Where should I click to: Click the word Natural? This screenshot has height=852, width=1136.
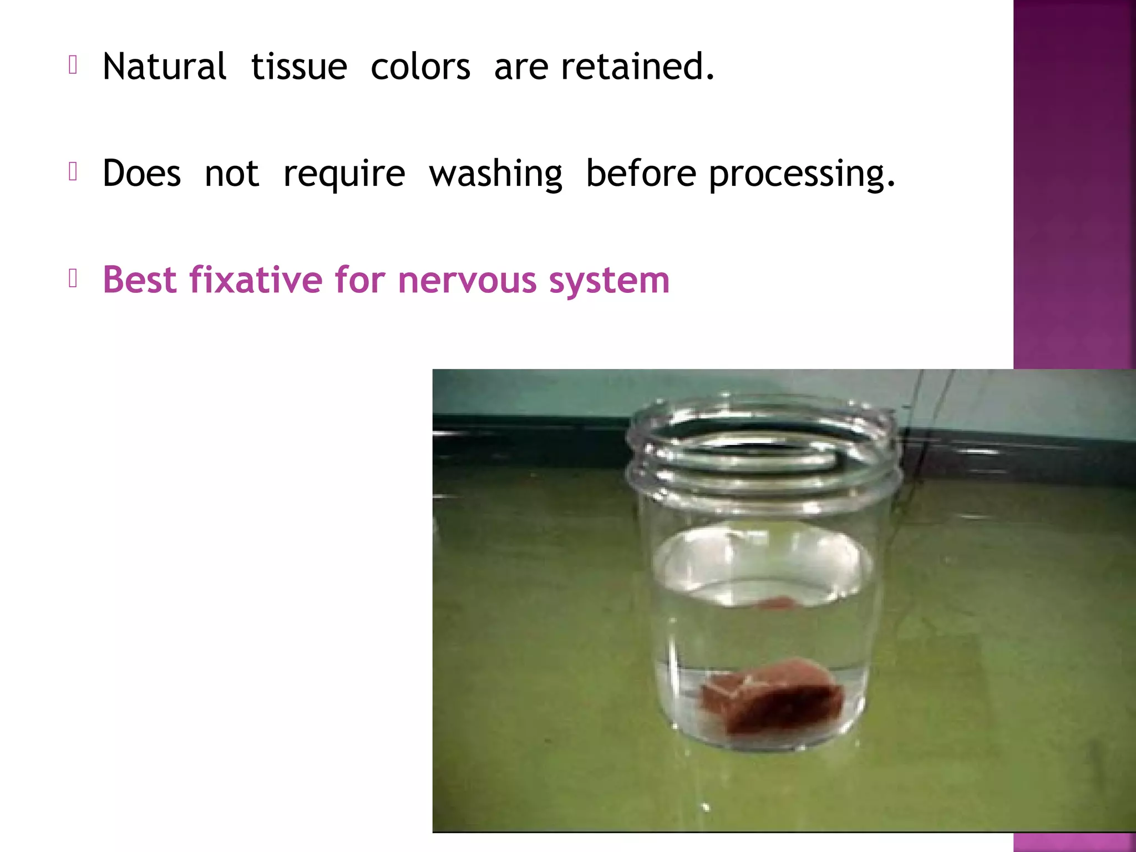(164, 67)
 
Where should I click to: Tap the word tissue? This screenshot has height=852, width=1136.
(299, 67)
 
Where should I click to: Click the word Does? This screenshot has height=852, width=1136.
(142, 173)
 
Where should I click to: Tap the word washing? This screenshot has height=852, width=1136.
(496, 174)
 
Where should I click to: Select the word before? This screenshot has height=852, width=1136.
(641, 173)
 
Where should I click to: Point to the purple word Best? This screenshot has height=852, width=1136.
(139, 280)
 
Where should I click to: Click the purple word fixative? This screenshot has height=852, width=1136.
(256, 280)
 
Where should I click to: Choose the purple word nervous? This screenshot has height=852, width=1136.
(467, 281)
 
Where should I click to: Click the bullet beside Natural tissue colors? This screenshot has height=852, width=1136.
(73, 65)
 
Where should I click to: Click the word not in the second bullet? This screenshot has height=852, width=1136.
(232, 174)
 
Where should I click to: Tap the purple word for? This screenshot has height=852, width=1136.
(360, 280)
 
